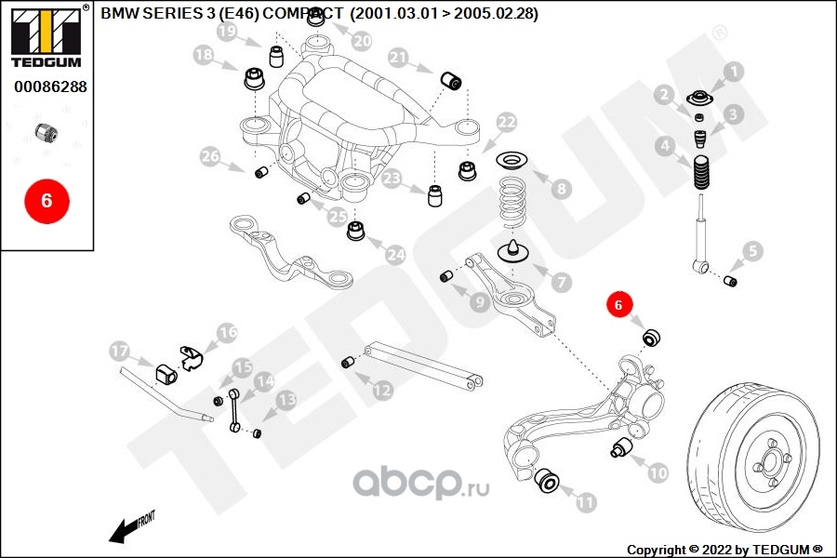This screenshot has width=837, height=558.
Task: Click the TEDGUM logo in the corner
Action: (46, 37)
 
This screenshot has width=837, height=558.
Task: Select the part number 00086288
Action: (50, 86)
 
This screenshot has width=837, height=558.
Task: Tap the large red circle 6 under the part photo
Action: (47, 201)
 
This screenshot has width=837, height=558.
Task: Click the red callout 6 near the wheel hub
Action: (618, 304)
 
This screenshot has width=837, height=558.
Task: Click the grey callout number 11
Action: (585, 502)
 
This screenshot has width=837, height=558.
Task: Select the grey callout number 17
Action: (120, 351)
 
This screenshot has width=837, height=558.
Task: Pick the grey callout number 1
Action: (734, 71)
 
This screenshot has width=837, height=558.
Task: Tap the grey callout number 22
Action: (507, 122)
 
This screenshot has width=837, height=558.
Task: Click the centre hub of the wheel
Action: (770, 461)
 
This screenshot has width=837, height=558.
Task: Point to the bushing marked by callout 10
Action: (621, 447)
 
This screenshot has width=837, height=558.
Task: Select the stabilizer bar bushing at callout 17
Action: (166, 373)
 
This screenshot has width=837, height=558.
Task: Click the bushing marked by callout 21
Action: (452, 80)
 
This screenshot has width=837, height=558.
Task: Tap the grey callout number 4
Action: (664, 145)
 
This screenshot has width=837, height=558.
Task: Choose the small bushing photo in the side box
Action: (46, 132)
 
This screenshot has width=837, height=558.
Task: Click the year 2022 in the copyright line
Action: (716, 550)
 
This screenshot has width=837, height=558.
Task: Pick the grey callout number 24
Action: (395, 254)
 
